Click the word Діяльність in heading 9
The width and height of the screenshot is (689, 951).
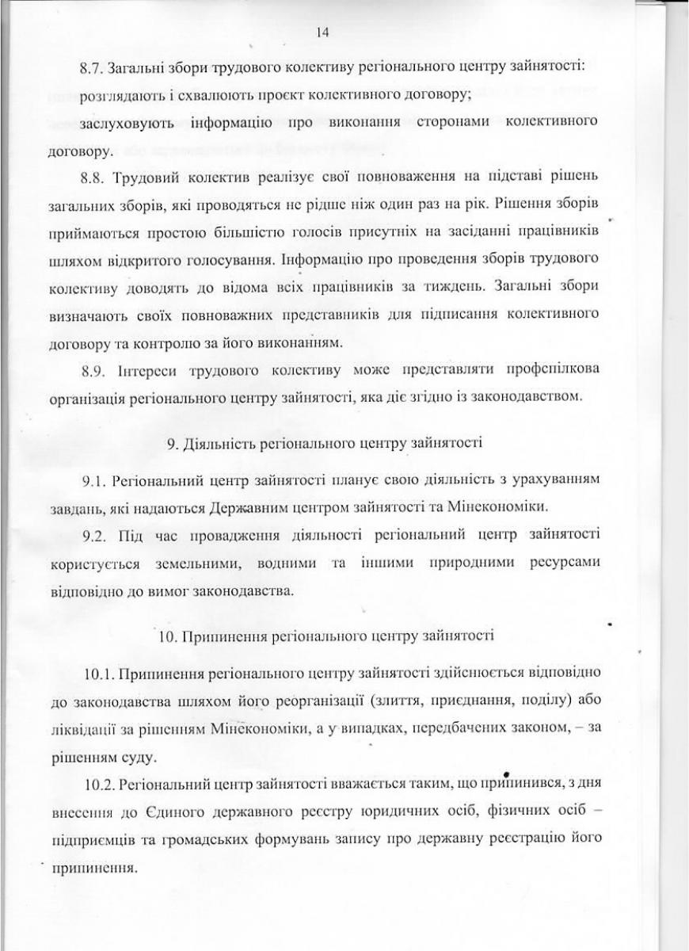tap(215, 444)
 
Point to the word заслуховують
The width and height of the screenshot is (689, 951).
tap(124, 124)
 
